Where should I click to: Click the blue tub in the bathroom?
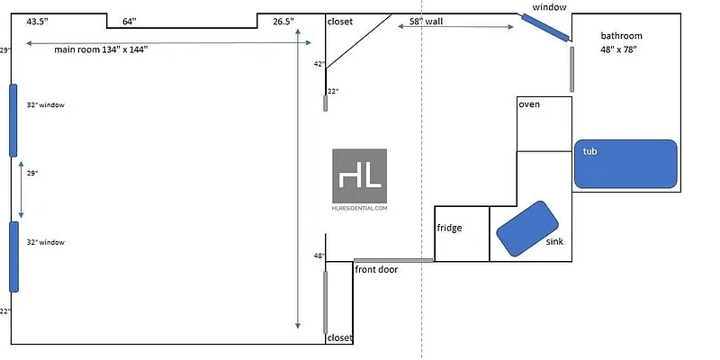[x=625, y=164]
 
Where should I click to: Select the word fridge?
[x=449, y=228]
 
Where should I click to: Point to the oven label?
[x=529, y=105]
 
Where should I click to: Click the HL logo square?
[x=360, y=175]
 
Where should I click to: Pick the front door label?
[x=376, y=269]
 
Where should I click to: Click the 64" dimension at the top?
[x=130, y=20]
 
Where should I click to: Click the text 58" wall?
[x=426, y=20]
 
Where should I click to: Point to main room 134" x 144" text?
[x=101, y=49]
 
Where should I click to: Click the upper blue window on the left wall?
[x=13, y=120]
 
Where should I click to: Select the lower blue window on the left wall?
[x=13, y=256]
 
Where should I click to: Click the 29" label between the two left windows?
[x=31, y=172]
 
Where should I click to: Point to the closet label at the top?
[x=340, y=22]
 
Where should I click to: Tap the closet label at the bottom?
[x=340, y=338]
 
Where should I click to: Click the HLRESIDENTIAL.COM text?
[x=360, y=208]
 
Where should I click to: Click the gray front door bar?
[x=393, y=260]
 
